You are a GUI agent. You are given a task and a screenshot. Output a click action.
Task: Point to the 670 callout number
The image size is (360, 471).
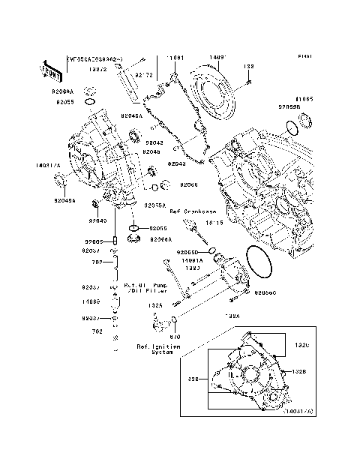point(176,337)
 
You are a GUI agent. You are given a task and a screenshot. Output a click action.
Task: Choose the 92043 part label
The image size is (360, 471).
point(177,163)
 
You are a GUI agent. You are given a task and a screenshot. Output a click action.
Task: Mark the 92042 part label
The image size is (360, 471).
point(154,142)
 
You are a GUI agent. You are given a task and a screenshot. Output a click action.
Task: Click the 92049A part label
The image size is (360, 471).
point(64,200)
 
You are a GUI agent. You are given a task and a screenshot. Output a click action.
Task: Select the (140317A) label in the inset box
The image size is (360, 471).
point(298,412)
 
